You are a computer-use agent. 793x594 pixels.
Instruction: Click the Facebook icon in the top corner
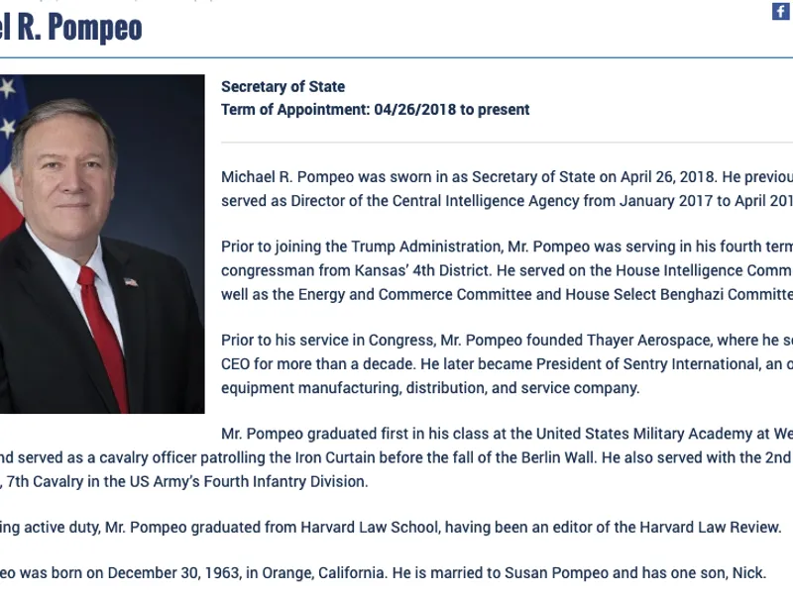[781, 11]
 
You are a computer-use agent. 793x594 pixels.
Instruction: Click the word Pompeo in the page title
[94, 28]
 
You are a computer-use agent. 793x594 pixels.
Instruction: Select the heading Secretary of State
[283, 87]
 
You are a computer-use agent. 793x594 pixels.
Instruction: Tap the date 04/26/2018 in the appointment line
[415, 110]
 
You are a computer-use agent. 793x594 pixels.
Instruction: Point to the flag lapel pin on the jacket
[131, 281]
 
